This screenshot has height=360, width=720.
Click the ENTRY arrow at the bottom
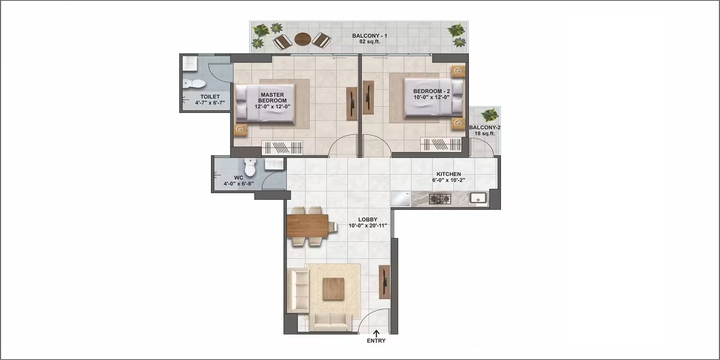pos(376,333)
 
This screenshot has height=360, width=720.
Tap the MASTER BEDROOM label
pos(272,98)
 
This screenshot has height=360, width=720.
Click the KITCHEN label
pos(448,174)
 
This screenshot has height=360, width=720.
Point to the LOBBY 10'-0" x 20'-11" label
pos(368,223)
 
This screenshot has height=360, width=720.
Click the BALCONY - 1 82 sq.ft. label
pos(369,38)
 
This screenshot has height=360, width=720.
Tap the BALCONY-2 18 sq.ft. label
pos(485,130)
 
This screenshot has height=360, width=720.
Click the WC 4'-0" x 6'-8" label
pos(238,180)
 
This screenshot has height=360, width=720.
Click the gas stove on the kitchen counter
pos(440,198)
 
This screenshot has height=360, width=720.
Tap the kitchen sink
pos(478,198)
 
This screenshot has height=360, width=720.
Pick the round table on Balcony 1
pos(302,39)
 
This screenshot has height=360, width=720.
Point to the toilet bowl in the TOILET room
pos(194,83)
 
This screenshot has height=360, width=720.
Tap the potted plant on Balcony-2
pos(489,115)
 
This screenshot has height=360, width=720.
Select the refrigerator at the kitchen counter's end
pos(400,198)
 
